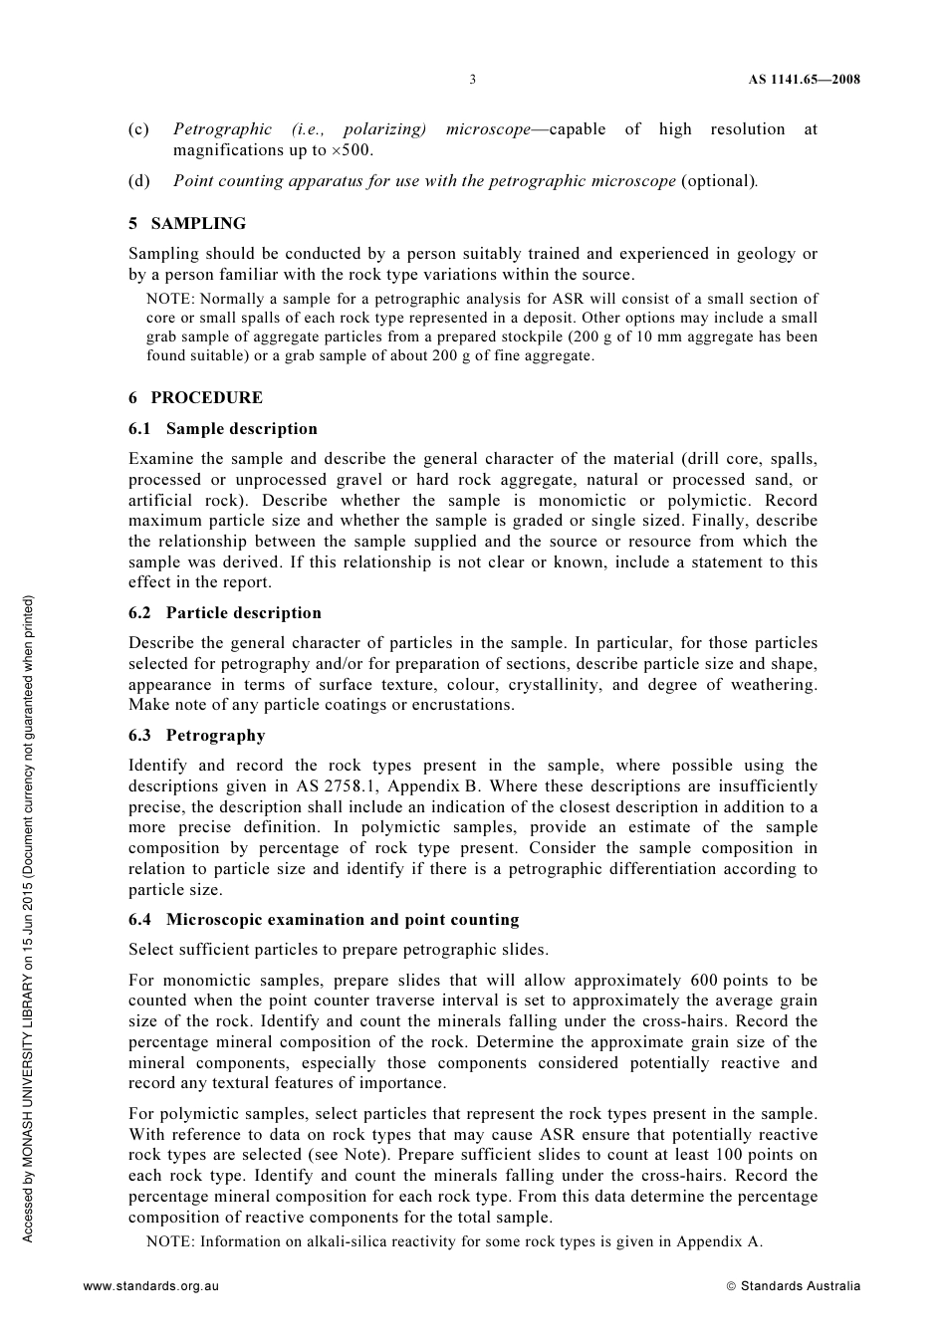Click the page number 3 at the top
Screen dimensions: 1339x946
472,80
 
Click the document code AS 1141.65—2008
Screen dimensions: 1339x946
805,80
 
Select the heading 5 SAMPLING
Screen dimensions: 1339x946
187,223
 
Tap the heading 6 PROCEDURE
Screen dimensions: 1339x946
196,397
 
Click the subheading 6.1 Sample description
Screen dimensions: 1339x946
223,429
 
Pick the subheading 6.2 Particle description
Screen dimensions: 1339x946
225,613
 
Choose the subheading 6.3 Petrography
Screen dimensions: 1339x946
197,736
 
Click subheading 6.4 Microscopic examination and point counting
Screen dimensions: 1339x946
324,920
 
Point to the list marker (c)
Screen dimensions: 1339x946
138,129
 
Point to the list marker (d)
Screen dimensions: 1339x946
138,181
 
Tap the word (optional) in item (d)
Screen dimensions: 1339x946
717,181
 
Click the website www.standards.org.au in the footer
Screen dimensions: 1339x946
151,1285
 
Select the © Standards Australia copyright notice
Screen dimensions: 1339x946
794,1285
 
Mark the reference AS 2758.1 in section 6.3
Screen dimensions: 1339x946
337,786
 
